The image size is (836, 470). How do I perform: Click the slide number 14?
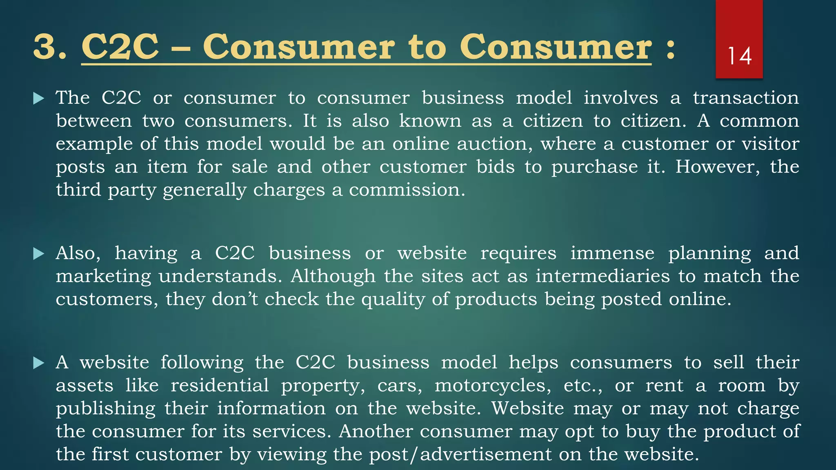739,56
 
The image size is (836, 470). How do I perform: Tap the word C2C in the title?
120,47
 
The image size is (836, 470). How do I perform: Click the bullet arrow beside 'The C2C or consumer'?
38,98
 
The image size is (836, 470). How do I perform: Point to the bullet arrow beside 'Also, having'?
38,254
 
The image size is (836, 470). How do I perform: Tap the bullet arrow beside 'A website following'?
38,363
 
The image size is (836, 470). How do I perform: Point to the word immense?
612,253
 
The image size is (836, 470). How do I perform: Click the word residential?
220,386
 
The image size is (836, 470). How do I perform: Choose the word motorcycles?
493,386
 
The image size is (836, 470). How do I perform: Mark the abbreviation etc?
583,386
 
